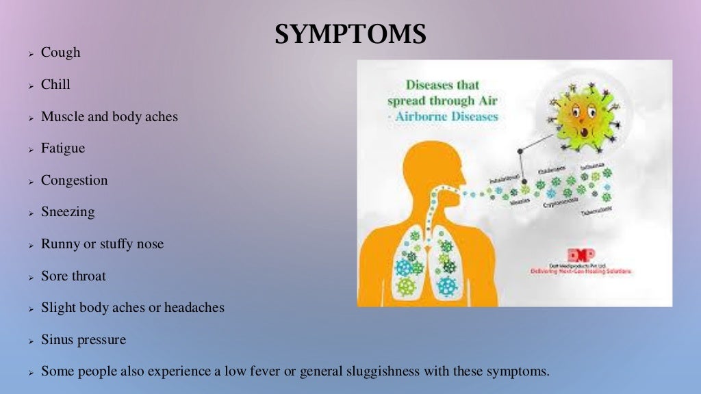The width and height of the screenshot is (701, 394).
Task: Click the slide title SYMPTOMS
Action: pyautogui.click(x=350, y=34)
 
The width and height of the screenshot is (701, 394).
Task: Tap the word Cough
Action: pyautogui.click(x=60, y=53)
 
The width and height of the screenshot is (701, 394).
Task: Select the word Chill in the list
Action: pyautogui.click(x=55, y=85)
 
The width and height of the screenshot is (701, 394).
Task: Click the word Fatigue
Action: pyautogui.click(x=63, y=148)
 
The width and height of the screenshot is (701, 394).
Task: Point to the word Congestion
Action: pyautogui.click(x=74, y=181)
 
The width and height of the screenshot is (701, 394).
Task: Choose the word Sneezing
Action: pyautogui.click(x=68, y=212)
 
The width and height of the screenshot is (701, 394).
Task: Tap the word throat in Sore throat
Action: pyautogui.click(x=88, y=276)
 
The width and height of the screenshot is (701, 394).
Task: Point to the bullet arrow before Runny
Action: pyautogui.click(x=31, y=245)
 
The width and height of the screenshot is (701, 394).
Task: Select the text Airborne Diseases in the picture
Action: pyautogui.click(x=454, y=116)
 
